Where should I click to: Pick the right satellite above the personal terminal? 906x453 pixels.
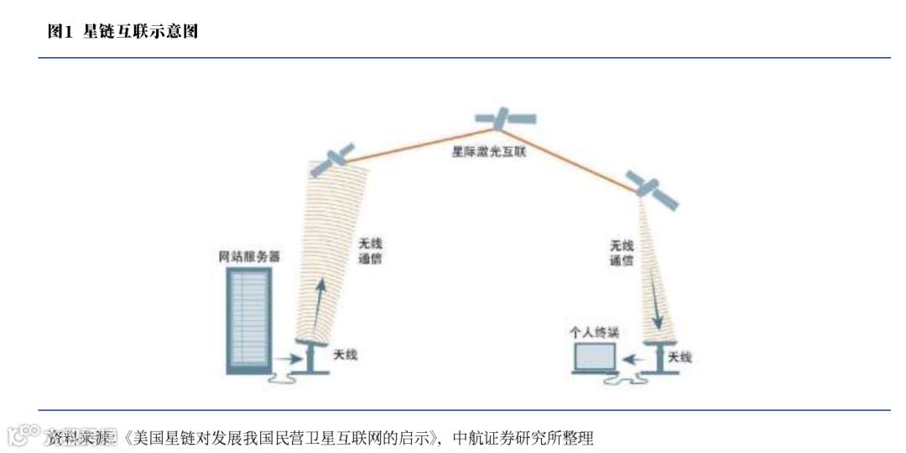(653, 190)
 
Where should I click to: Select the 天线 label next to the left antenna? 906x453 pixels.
(346, 356)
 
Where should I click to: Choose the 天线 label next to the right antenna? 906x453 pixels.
(680, 357)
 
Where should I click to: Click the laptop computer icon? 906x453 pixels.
(594, 359)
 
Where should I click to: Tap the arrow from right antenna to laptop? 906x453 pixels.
(634, 359)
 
